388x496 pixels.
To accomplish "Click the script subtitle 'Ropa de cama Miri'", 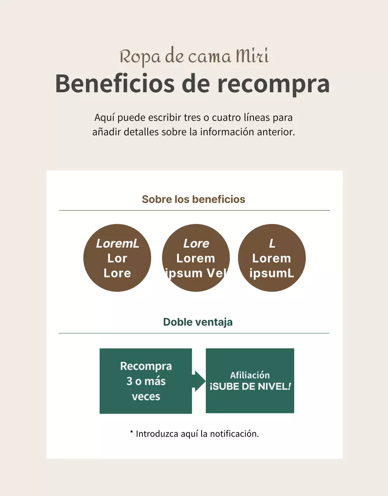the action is [194, 57].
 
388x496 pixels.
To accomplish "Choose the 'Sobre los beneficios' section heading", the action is [193, 199].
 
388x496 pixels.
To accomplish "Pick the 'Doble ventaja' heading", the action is [198, 322].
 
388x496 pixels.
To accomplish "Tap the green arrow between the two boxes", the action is [199, 381].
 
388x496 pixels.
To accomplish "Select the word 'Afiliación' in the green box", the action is [250, 375].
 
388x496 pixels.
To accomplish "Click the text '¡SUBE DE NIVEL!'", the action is [250, 387].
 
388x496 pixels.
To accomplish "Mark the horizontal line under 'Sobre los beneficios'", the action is [194, 210].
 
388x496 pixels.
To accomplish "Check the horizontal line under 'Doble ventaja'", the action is [194, 333].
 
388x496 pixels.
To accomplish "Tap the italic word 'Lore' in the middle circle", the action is [196, 243].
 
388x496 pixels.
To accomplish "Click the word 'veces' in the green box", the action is [146, 396].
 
